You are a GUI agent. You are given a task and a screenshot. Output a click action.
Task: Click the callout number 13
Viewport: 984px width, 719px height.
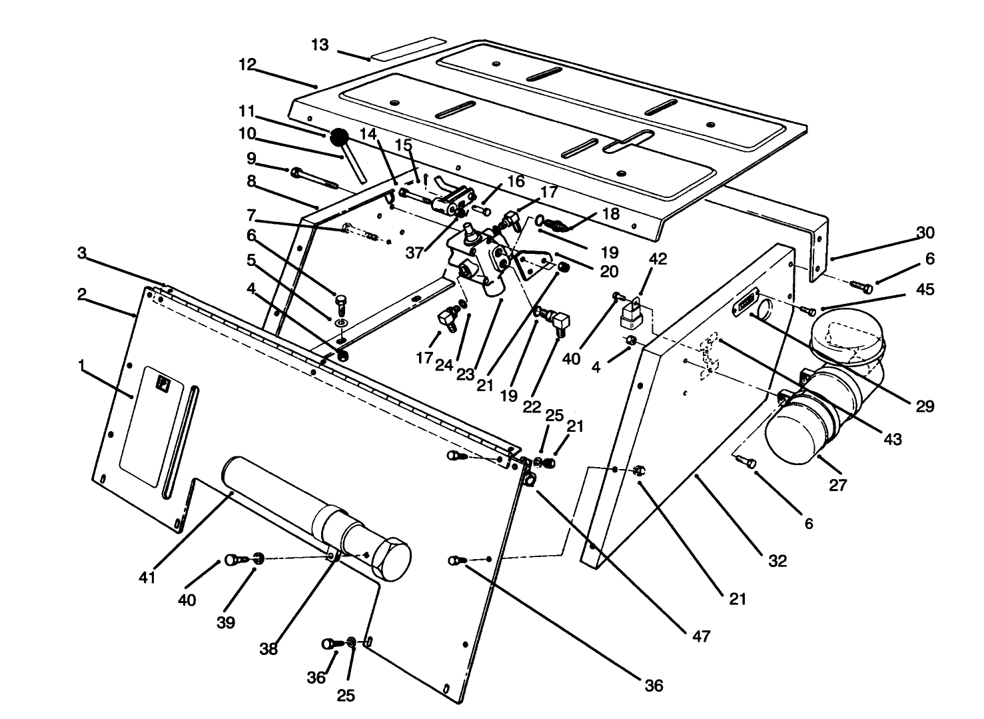click(x=320, y=45)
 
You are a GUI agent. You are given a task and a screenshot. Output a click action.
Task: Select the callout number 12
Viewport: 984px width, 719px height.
click(x=247, y=65)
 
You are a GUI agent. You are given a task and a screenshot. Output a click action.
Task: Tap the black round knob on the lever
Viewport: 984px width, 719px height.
click(x=339, y=138)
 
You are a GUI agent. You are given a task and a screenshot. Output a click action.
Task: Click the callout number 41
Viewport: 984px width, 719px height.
click(x=147, y=577)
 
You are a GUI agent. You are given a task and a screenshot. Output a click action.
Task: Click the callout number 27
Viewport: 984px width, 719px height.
click(x=837, y=485)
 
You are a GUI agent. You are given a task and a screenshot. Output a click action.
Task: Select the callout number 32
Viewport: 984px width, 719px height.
click(x=777, y=560)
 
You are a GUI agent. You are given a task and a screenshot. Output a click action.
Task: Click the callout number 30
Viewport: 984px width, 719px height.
click(x=925, y=233)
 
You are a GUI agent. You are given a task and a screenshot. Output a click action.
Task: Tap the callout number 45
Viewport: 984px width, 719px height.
click(x=925, y=289)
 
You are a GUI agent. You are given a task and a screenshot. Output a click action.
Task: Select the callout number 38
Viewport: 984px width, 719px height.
click(x=268, y=648)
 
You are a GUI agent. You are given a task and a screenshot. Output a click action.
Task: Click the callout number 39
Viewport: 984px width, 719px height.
click(x=226, y=622)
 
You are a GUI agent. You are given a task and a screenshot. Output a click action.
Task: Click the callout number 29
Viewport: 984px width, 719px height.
click(x=925, y=406)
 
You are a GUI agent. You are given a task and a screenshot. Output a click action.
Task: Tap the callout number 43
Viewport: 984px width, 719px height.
click(x=892, y=439)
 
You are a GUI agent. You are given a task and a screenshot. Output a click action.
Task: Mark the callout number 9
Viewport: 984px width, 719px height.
click(x=251, y=158)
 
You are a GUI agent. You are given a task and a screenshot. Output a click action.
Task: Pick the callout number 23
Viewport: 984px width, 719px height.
click(x=465, y=374)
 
